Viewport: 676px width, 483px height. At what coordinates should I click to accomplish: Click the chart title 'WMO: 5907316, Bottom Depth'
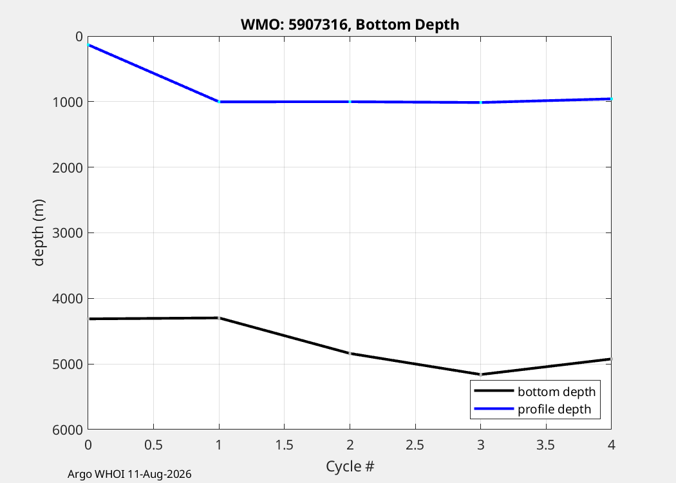(x=350, y=24)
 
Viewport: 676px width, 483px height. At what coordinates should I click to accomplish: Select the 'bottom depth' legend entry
(x=534, y=391)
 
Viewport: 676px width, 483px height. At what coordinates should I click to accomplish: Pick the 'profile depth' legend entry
(x=532, y=409)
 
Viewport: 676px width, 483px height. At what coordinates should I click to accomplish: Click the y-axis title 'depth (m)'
(x=39, y=232)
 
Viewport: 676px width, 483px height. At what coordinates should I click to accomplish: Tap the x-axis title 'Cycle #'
(x=350, y=466)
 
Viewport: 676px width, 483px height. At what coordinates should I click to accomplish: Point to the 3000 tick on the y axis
(x=67, y=233)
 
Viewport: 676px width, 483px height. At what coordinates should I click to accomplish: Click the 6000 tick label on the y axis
(x=67, y=430)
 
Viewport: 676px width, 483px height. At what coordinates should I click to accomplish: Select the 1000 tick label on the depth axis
(x=67, y=102)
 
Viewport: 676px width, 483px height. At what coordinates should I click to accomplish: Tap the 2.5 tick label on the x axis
(x=415, y=444)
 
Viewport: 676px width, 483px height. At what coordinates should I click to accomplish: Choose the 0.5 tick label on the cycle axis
(x=153, y=444)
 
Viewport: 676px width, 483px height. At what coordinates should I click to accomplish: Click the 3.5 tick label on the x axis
(x=546, y=444)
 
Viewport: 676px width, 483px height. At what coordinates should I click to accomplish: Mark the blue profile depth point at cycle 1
(x=219, y=102)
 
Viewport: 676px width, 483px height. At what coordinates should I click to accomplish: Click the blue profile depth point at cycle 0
(x=88, y=45)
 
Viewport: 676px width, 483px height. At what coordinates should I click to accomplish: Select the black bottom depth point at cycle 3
(x=481, y=374)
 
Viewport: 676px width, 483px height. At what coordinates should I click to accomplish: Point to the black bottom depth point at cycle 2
(x=350, y=353)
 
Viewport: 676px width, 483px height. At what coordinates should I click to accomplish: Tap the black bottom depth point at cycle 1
(x=219, y=318)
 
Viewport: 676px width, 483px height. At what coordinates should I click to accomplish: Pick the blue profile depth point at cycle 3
(x=481, y=102)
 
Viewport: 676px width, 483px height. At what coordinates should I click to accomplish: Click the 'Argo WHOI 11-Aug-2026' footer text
(x=129, y=475)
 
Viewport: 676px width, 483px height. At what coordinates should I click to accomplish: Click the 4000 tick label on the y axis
(x=67, y=298)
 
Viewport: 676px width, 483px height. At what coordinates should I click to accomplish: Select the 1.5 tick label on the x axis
(x=284, y=444)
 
